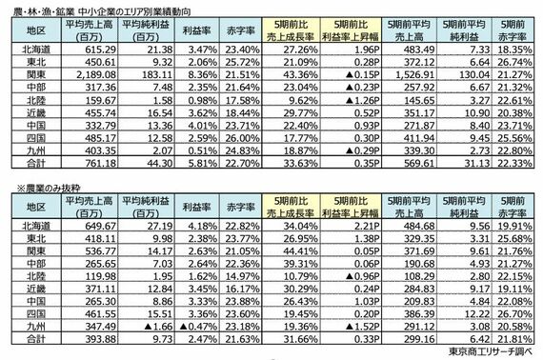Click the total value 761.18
pos(90,164)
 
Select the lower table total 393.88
pos(90,340)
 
